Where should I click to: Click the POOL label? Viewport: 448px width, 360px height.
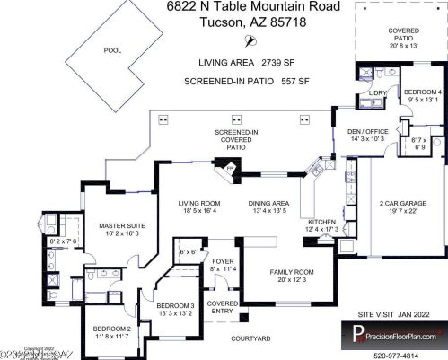[112, 50]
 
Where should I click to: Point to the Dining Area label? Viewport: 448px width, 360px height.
[268, 204]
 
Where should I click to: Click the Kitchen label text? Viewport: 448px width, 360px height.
[322, 221]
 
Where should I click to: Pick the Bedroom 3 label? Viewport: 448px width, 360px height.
[176, 306]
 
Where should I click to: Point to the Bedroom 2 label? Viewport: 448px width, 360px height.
[113, 329]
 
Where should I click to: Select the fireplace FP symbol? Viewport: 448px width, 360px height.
[228, 168]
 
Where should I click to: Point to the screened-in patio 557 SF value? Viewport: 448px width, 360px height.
[296, 80]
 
